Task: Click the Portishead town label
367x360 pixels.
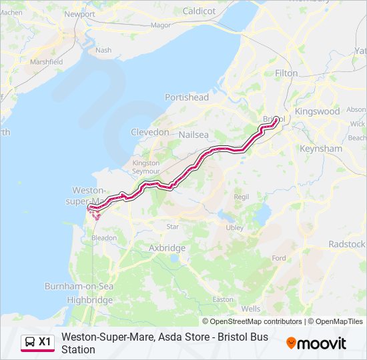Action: pyautogui.click(x=187, y=97)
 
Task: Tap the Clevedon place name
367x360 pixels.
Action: pyautogui.click(x=150, y=132)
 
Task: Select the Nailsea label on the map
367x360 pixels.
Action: pyautogui.click(x=194, y=135)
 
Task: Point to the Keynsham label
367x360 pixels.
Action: pyautogui.click(x=320, y=149)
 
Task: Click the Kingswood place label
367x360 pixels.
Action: pyautogui.click(x=317, y=111)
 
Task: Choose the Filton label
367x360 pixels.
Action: pyautogui.click(x=286, y=73)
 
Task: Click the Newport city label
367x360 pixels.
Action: pyautogui.click(x=79, y=14)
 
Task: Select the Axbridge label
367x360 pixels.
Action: pyautogui.click(x=167, y=248)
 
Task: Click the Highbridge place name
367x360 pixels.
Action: pyautogui.click(x=90, y=300)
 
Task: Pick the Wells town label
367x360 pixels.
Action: pyautogui.click(x=251, y=309)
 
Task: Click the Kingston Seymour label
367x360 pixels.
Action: pyautogui.click(x=146, y=167)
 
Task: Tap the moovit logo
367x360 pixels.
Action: pyautogui.click(x=316, y=343)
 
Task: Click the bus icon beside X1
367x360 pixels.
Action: pyautogui.click(x=30, y=342)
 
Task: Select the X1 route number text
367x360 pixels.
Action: pyautogui.click(x=45, y=342)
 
